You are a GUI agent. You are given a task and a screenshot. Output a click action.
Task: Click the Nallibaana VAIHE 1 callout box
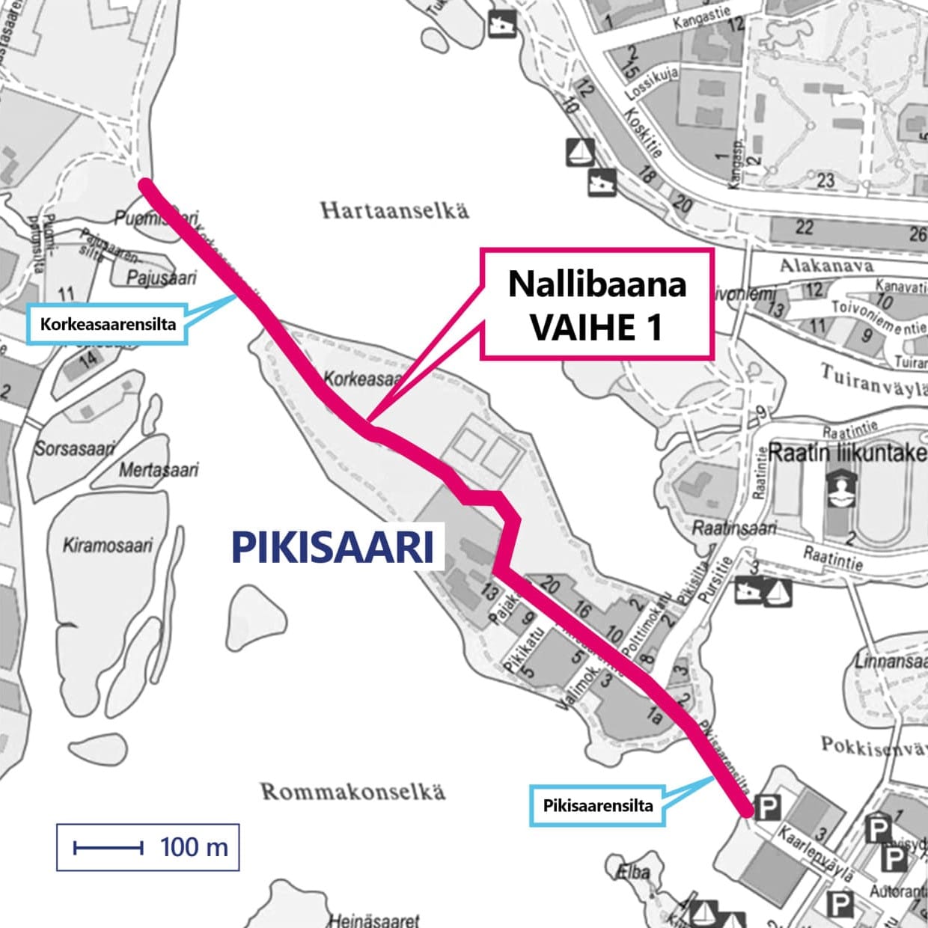(596, 305)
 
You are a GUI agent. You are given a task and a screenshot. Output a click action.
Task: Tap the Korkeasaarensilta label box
(107, 324)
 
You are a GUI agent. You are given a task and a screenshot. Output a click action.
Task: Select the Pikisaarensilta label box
(597, 806)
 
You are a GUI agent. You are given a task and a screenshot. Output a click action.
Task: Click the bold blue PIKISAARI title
(333, 547)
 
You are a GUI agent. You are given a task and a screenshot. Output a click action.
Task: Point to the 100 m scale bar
(147, 847)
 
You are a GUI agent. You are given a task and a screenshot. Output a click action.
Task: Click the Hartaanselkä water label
(394, 210)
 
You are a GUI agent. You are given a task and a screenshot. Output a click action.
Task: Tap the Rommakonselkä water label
(352, 791)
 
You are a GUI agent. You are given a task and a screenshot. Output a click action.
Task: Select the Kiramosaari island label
(108, 544)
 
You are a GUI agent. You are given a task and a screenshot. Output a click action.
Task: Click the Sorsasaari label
(74, 448)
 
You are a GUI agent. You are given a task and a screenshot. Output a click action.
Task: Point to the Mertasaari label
(159, 470)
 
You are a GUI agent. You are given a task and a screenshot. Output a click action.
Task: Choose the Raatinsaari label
(733, 528)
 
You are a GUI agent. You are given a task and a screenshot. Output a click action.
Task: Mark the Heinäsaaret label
(374, 920)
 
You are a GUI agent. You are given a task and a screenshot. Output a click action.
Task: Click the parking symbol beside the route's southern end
(766, 808)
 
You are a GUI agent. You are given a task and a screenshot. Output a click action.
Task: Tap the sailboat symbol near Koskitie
(581, 153)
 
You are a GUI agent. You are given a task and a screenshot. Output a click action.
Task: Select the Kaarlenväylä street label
(813, 851)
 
